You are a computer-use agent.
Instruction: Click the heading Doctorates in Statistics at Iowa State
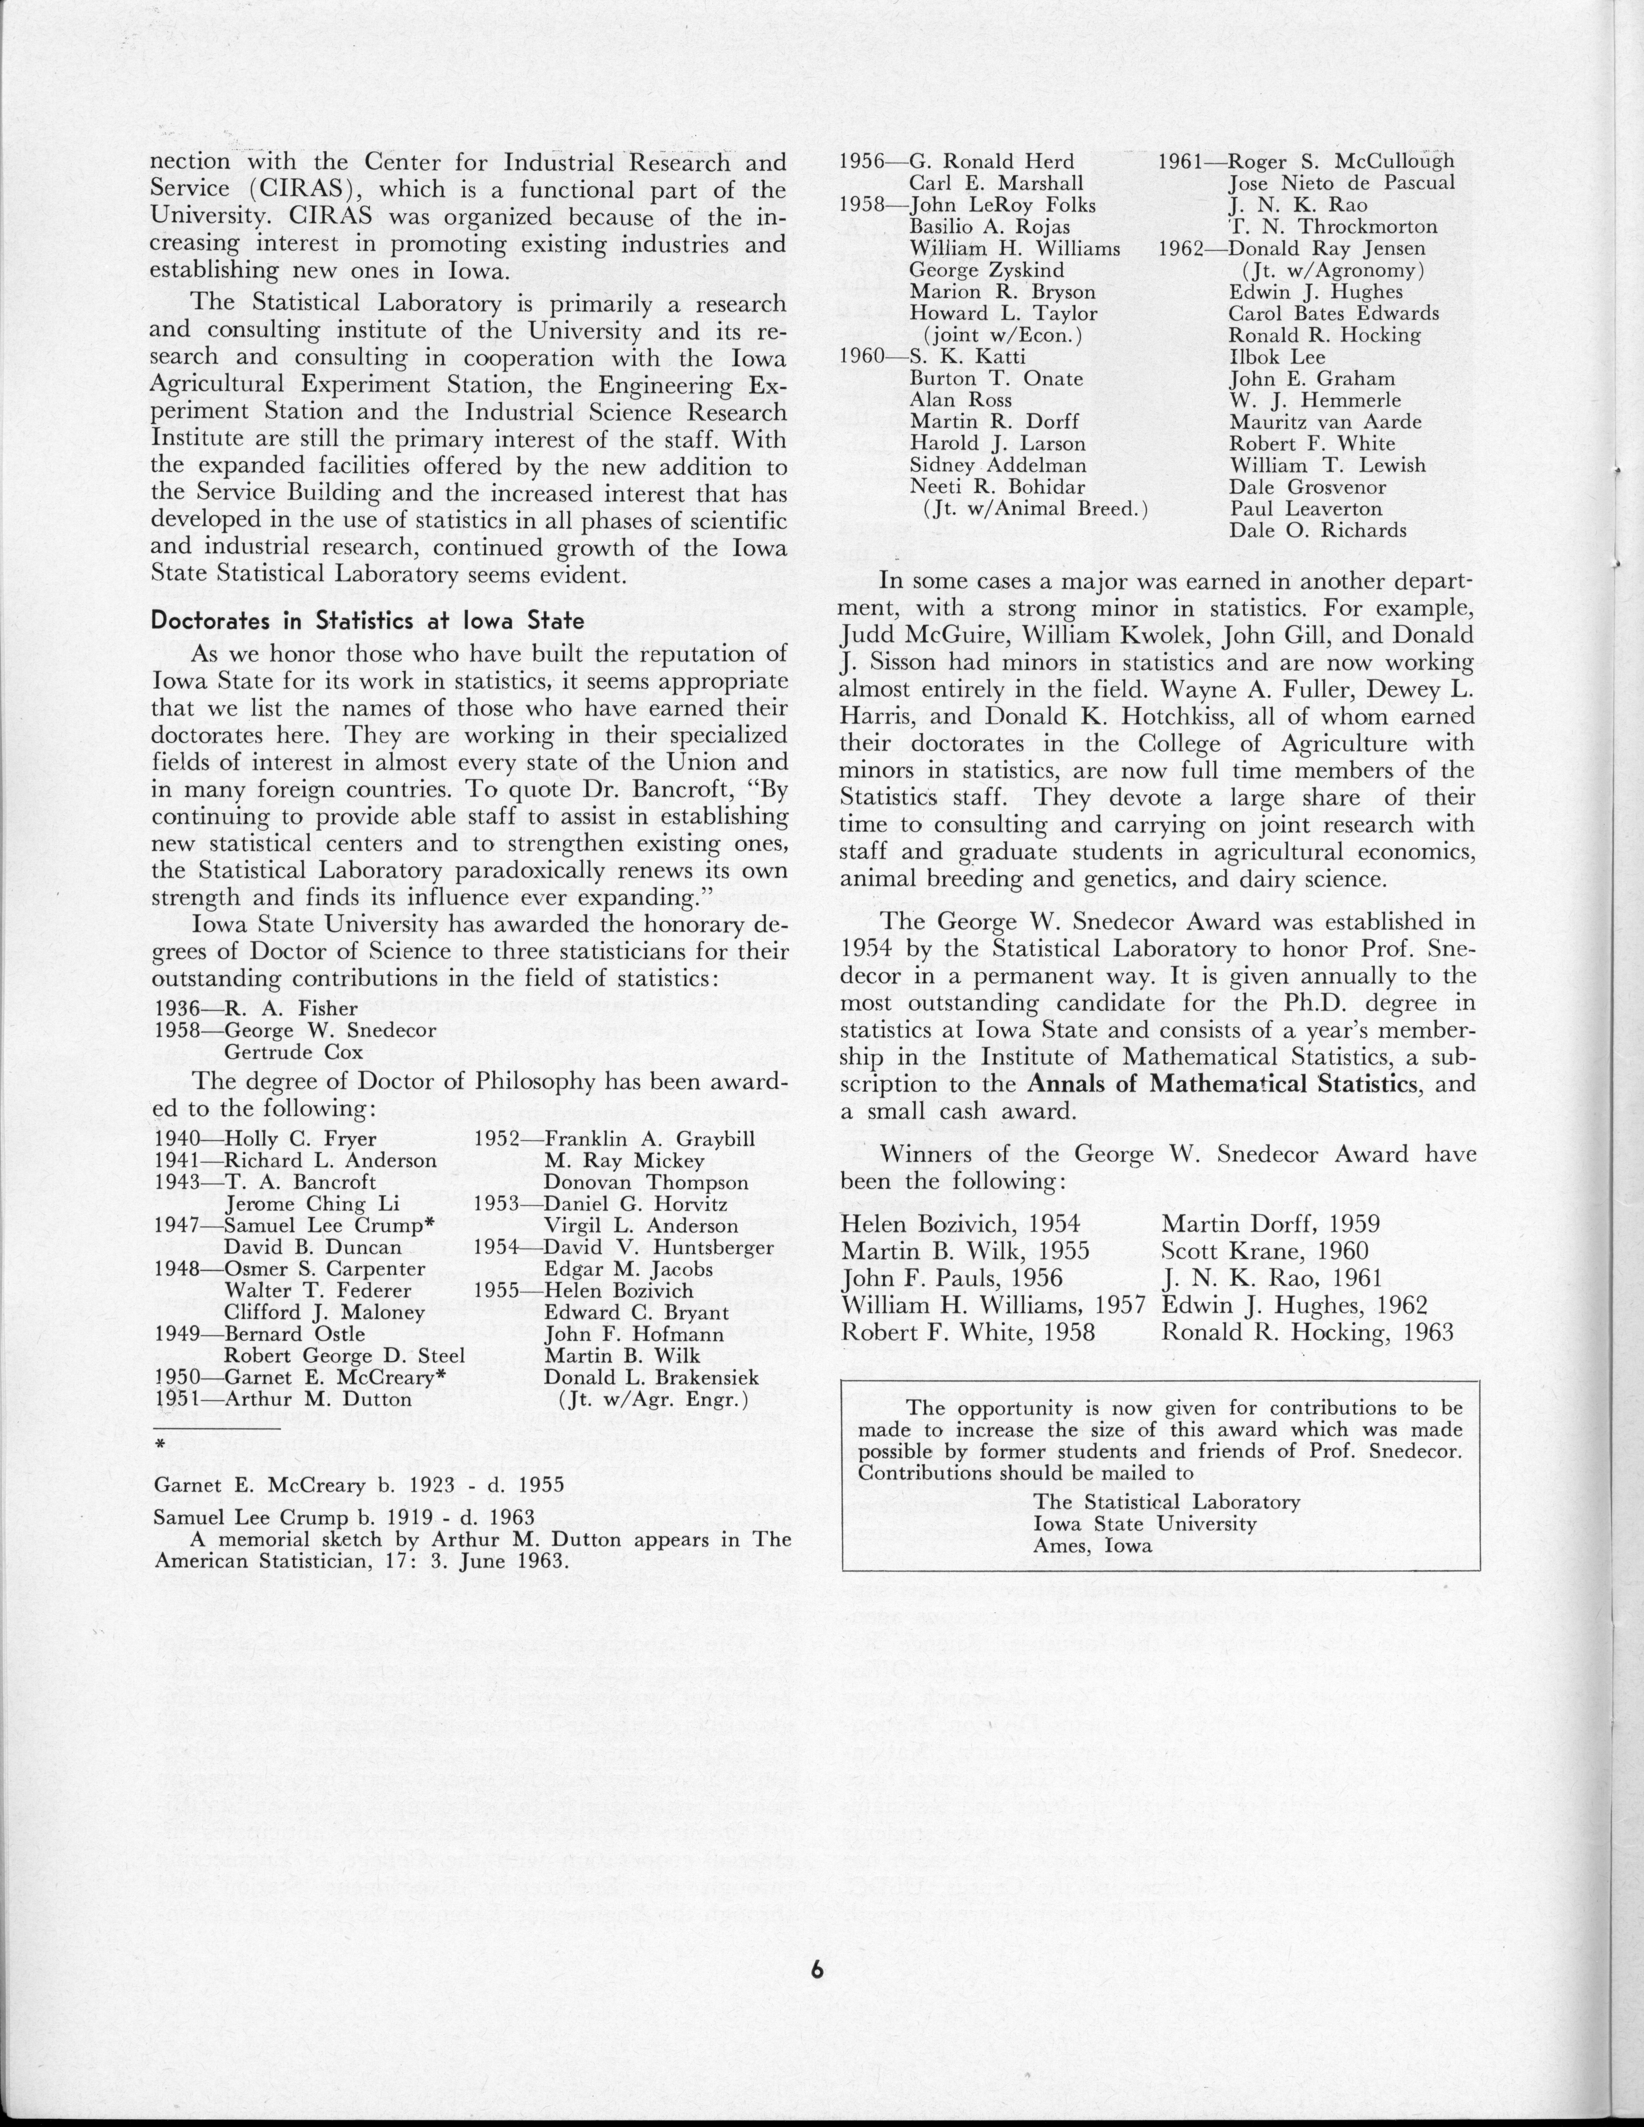click(x=367, y=620)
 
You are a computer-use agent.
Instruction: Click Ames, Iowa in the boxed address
click(x=1093, y=1546)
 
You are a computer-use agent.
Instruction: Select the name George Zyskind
click(x=987, y=270)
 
